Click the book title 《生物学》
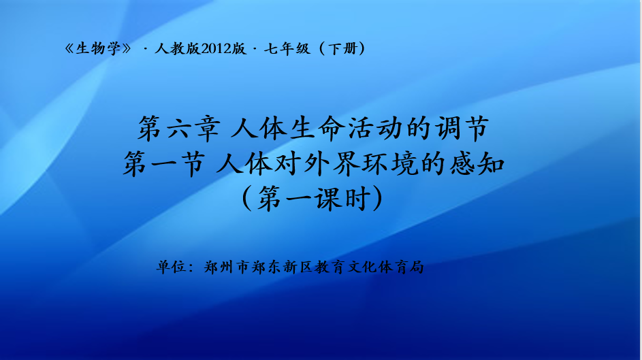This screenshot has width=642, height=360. point(98,49)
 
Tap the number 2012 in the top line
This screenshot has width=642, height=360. point(216,49)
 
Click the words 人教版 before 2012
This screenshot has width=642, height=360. point(177,49)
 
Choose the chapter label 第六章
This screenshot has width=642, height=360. point(179,129)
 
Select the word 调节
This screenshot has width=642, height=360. point(462,129)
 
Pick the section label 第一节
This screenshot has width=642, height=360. point(164,163)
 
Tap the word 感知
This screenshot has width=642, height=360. point(477,163)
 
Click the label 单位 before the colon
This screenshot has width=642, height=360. point(172,267)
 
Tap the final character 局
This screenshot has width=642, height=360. point(416,267)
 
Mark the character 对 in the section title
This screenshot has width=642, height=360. point(288,163)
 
